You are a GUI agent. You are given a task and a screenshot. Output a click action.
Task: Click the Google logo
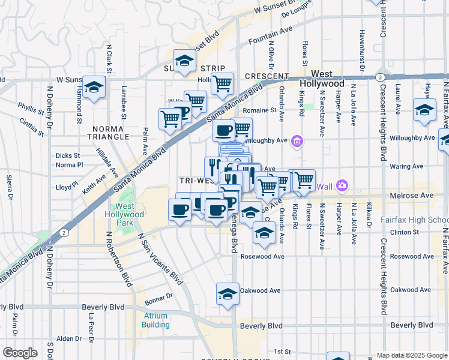click(20, 353)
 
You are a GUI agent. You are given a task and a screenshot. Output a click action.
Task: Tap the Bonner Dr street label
click(158, 296)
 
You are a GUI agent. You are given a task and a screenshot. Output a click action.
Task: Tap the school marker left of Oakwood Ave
click(228, 293)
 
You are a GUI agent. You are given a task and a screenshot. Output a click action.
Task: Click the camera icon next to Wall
click(342, 185)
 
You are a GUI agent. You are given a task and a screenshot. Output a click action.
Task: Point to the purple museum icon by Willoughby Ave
click(297, 142)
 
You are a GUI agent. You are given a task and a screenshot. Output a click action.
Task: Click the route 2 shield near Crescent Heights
click(379, 77)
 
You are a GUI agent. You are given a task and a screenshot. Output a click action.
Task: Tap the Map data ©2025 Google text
click(411, 355)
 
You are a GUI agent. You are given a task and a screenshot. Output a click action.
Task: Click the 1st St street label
click(282, 351)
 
